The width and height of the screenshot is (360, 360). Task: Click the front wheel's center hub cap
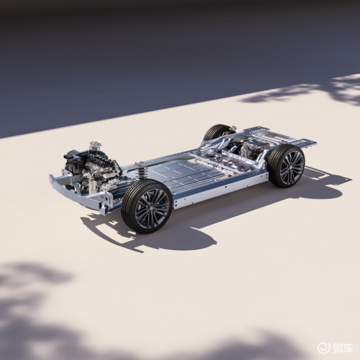[x=151, y=208]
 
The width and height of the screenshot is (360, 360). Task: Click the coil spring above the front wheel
[x=142, y=171]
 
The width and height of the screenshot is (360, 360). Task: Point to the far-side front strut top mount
[x=95, y=145]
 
